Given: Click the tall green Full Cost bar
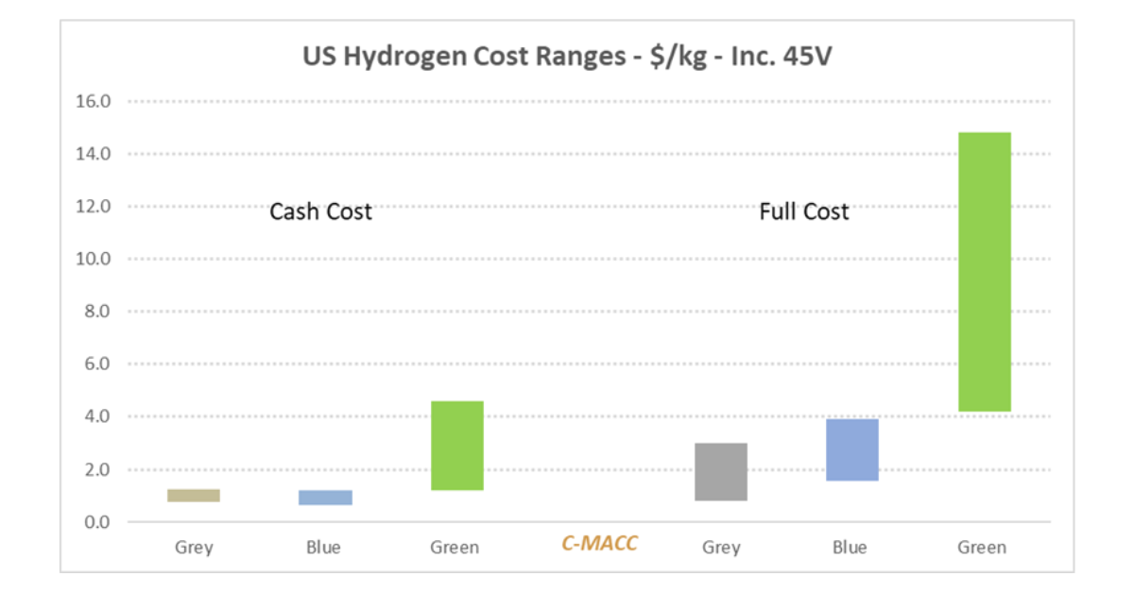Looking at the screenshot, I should pyautogui.click(x=983, y=272).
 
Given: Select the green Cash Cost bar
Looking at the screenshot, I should pyautogui.click(x=456, y=446).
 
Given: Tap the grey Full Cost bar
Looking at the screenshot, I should pyautogui.click(x=721, y=472).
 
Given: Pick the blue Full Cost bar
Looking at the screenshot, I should pyautogui.click(x=851, y=449).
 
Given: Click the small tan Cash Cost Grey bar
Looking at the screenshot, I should pyautogui.click(x=194, y=496).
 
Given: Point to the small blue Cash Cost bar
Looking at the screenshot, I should pyautogui.click(x=325, y=498).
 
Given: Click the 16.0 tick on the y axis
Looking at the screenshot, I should pyautogui.click(x=94, y=101).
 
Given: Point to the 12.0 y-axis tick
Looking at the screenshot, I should pyautogui.click(x=94, y=206).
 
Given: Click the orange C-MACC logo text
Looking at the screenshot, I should pyautogui.click(x=599, y=543).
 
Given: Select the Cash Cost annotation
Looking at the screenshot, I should pyautogui.click(x=320, y=211).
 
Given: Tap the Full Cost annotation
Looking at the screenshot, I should pyautogui.click(x=804, y=211).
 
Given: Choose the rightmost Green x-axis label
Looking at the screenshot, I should pyautogui.click(x=982, y=548).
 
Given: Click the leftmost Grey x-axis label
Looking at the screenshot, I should pyautogui.click(x=194, y=548).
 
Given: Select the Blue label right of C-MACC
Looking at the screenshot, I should pyautogui.click(x=850, y=548).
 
